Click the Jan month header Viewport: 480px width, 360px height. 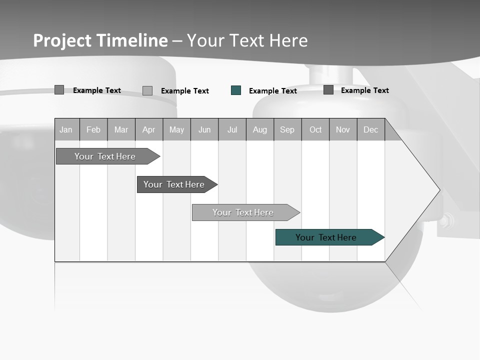pos(66,129)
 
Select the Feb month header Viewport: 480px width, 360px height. pos(93,129)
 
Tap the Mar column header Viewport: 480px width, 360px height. pos(121,129)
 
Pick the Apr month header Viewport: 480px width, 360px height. pos(149,129)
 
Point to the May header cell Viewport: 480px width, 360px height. pos(176,129)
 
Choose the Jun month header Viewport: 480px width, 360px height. pos(204,129)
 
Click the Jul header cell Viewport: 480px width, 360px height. pos(232,129)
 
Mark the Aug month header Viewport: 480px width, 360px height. pos(260,129)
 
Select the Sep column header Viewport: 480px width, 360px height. pos(287,129)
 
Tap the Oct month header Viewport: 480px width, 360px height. pos(315,129)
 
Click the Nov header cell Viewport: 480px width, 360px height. pos(343,129)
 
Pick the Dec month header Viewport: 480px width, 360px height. pos(371,129)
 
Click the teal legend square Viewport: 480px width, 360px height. pos(236,90)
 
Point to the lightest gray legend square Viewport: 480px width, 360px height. pos(147,90)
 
